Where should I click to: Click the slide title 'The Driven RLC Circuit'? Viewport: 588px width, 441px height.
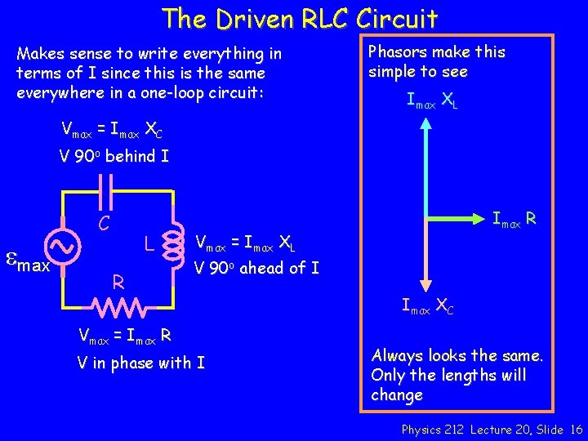click(300, 18)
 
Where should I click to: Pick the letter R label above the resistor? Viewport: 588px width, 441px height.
click(118, 283)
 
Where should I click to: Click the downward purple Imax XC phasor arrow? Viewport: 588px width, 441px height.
click(425, 253)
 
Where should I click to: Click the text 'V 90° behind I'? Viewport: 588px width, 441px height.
click(114, 155)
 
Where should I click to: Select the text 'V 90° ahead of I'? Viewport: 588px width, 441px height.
click(256, 267)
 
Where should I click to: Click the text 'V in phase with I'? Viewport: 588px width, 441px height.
click(140, 362)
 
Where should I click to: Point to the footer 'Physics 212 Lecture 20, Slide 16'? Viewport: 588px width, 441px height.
click(492, 430)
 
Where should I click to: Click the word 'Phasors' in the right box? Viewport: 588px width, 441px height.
click(396, 51)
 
